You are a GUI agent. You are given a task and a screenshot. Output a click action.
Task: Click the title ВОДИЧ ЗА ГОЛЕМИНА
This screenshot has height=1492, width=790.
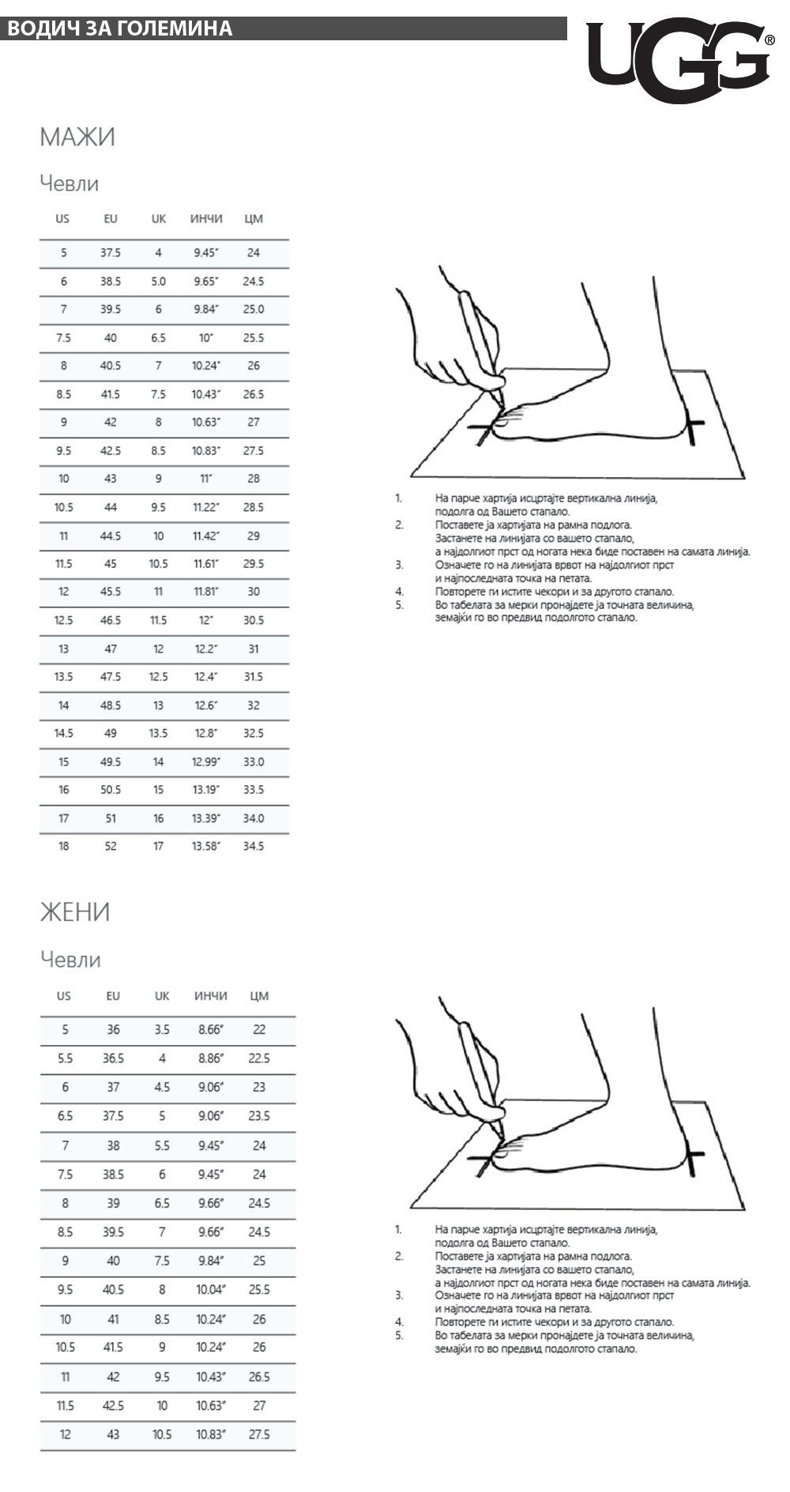(119, 29)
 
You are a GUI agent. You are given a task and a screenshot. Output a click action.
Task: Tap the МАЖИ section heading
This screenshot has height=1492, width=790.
(77, 137)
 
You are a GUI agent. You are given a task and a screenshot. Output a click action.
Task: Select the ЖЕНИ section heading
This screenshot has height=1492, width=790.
(75, 912)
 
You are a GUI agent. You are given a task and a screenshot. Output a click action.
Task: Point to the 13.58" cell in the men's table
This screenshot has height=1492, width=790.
(206, 847)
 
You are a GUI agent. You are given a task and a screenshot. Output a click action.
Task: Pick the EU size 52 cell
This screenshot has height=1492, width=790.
(111, 847)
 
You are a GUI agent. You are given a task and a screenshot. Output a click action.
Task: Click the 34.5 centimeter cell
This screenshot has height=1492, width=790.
(254, 847)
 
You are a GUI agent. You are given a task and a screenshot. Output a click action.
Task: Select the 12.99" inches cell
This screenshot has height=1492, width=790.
(206, 762)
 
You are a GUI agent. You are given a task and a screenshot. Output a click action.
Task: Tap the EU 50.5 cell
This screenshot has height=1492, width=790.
(111, 790)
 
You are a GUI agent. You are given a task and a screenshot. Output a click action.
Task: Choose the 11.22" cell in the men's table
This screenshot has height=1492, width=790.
(206, 508)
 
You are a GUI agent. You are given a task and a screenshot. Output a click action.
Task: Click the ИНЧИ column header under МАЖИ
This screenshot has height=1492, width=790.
(206, 219)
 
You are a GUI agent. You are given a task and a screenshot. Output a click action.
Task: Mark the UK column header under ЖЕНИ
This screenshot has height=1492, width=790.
(162, 996)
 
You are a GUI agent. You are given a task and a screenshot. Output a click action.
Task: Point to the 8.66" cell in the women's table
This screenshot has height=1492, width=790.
(211, 1030)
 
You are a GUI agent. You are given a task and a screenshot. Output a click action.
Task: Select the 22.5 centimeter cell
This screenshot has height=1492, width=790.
(259, 1058)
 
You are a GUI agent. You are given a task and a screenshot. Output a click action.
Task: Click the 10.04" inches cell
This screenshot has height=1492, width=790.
(211, 1290)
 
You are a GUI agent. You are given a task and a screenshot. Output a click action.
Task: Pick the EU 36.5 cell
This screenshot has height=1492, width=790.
(113, 1058)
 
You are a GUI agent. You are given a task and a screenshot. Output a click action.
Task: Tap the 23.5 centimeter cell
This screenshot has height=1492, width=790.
(259, 1116)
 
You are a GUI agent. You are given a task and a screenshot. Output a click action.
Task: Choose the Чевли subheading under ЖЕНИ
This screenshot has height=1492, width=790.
(70, 960)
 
